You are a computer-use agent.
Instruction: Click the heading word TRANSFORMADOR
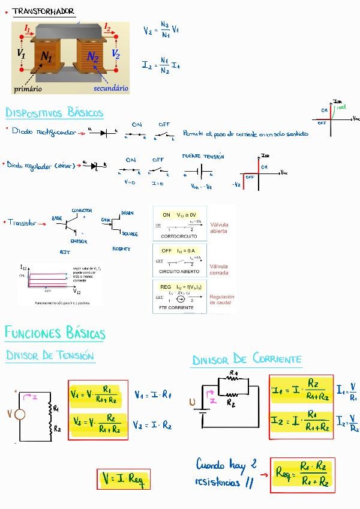(x=43, y=11)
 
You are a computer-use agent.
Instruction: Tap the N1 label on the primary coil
(x=47, y=57)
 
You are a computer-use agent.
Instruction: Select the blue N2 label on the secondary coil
(x=92, y=56)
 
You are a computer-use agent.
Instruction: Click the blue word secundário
(x=111, y=88)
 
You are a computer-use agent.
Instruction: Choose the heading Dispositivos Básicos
(x=54, y=113)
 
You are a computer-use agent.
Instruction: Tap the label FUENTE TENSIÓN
(x=203, y=156)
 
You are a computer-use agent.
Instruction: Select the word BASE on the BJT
(x=57, y=218)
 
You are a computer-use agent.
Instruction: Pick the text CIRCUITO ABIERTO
(x=179, y=272)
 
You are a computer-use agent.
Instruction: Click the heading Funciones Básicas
(x=55, y=333)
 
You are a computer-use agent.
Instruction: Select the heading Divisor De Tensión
(x=50, y=355)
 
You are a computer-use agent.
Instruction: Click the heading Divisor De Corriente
(x=247, y=360)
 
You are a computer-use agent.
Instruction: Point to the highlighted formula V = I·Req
(x=124, y=478)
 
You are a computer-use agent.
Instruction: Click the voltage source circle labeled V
(x=19, y=414)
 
